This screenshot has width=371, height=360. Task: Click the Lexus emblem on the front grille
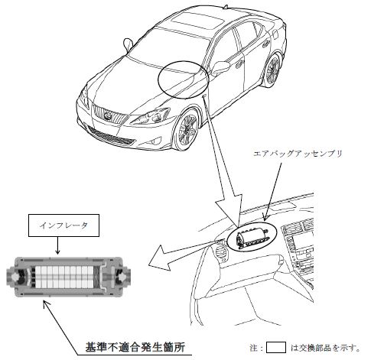click(108, 116)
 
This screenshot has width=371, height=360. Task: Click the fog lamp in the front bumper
click(155, 141)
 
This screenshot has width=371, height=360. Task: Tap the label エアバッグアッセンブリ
click(298, 154)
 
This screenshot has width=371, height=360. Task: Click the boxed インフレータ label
click(63, 225)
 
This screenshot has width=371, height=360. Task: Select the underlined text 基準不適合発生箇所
click(135, 347)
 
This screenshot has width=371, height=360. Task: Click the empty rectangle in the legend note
click(276, 348)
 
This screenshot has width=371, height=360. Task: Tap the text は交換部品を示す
click(325, 348)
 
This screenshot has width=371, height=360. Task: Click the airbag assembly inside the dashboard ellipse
click(252, 238)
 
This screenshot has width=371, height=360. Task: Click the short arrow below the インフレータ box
click(57, 245)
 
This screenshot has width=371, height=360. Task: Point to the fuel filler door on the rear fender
click(275, 34)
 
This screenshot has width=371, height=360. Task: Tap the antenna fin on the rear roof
click(225, 6)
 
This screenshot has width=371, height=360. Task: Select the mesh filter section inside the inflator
click(96, 277)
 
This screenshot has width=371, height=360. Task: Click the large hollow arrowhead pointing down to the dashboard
click(229, 206)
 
